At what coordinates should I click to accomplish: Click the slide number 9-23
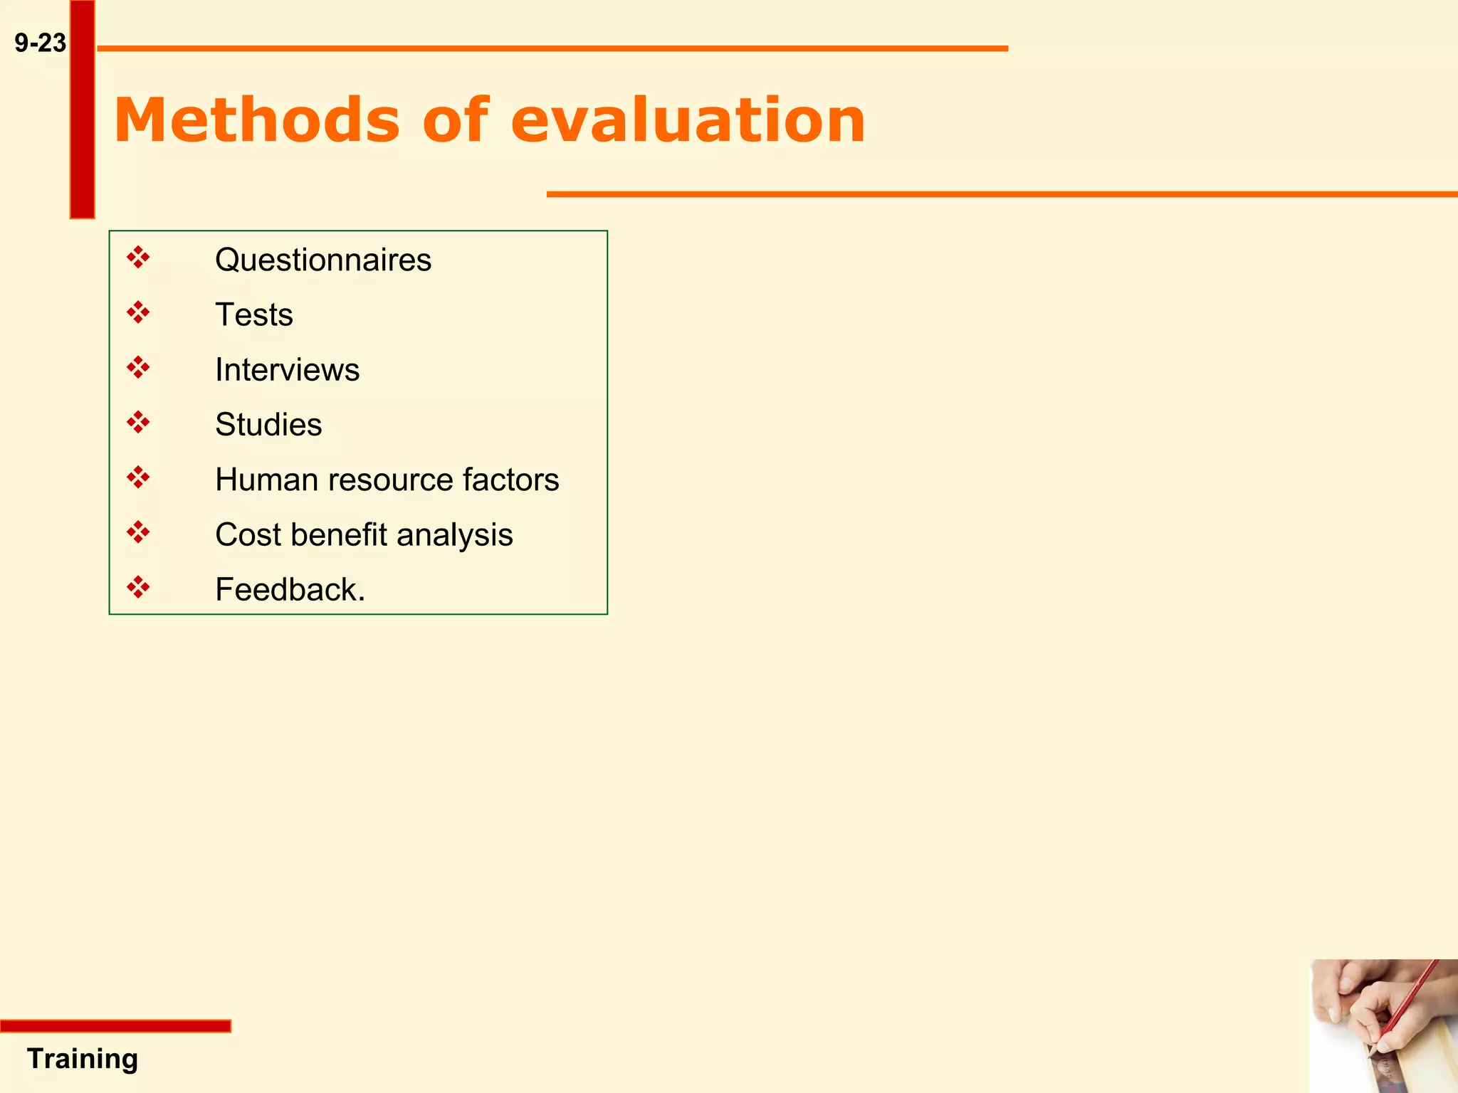point(40,43)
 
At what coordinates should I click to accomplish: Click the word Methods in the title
point(256,120)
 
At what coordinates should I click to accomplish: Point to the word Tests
point(253,315)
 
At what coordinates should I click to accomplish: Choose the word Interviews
point(287,370)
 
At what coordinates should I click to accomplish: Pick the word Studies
point(268,425)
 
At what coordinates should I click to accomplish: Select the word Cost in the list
point(248,535)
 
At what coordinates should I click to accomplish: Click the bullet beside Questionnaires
point(138,258)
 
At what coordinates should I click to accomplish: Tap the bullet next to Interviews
point(138,368)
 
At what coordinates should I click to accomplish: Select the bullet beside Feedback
point(138,588)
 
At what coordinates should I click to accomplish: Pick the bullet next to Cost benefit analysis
point(138,532)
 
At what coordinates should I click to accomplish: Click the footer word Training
point(83,1059)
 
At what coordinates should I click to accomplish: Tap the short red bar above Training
point(115,1025)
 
